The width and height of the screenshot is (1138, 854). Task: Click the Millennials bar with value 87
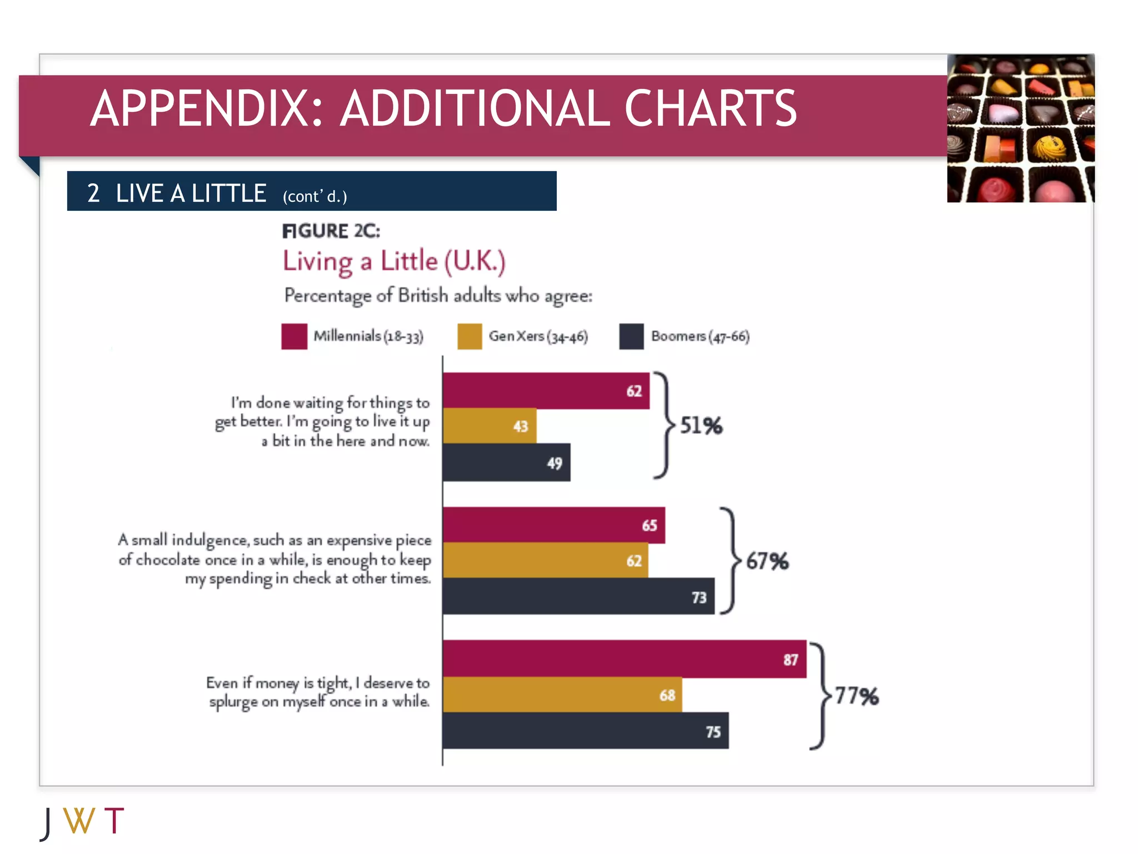624,659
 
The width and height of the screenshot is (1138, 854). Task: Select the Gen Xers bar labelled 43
490,426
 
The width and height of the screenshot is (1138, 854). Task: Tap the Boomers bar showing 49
506,463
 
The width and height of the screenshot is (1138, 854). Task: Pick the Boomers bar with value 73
578,597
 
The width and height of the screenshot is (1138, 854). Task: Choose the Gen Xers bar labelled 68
562,694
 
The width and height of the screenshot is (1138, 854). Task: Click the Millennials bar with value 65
553,525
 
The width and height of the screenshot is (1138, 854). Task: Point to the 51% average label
701,426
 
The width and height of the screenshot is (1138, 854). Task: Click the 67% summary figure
767,561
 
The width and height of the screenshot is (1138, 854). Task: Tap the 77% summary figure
857,696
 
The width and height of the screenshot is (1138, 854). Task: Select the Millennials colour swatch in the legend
294,336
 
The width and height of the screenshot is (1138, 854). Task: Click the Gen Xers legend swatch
470,336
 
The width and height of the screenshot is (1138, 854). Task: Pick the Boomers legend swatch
631,336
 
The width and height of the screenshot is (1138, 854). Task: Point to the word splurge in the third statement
233,702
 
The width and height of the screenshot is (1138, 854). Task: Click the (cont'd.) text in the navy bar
315,196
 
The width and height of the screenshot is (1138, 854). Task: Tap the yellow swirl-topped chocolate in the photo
1049,147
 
